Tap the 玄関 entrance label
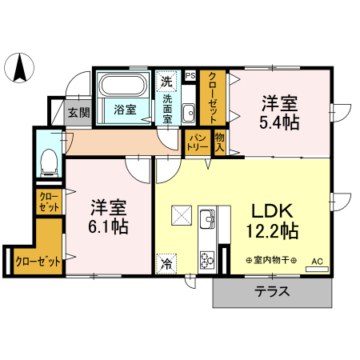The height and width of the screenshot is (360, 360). [x=78, y=113]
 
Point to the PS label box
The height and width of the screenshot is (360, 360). [x=190, y=76]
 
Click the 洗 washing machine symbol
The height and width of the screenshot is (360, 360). [x=166, y=80]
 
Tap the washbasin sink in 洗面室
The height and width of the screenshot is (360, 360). [x=189, y=112]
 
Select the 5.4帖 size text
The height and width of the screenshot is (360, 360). [x=280, y=122]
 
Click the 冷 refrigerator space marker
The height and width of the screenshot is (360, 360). [x=166, y=262]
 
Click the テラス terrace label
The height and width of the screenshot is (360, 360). [x=272, y=292]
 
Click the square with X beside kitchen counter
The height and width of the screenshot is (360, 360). [x=181, y=216]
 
